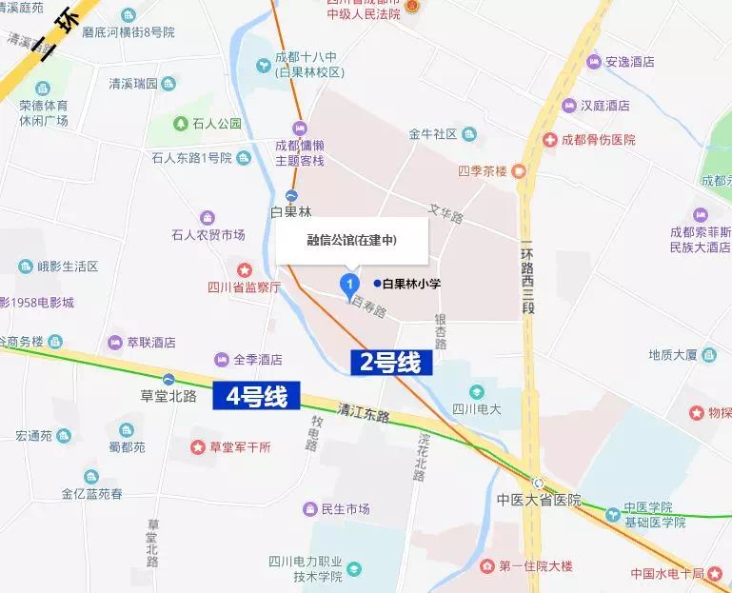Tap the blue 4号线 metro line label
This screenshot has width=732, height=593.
coord(256,396)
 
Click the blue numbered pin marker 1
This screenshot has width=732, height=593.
coord(349,283)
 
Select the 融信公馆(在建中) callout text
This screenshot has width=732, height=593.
coord(351,240)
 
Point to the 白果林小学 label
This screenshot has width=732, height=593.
coord(411,284)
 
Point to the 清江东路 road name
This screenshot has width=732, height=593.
coord(364,415)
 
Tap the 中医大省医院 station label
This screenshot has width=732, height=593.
coord(538,500)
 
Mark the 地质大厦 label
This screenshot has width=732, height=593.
coord(674,355)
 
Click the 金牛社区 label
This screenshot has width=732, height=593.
coord(433,134)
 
